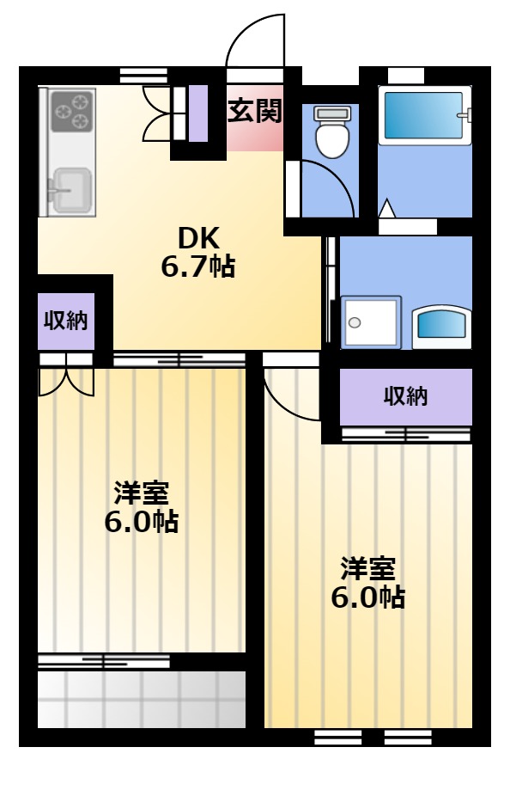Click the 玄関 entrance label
[x=255, y=110]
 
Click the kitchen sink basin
[x=72, y=189]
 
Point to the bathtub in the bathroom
[x=424, y=115]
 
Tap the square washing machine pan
[x=372, y=322]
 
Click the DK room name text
[x=199, y=238]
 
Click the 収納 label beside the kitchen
[x=66, y=320]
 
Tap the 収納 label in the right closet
[x=405, y=396]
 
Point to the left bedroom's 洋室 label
[x=142, y=493]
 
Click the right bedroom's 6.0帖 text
[x=368, y=597]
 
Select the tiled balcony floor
[x=142, y=700]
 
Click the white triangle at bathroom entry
[x=386, y=209]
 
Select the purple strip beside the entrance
[x=197, y=113]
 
